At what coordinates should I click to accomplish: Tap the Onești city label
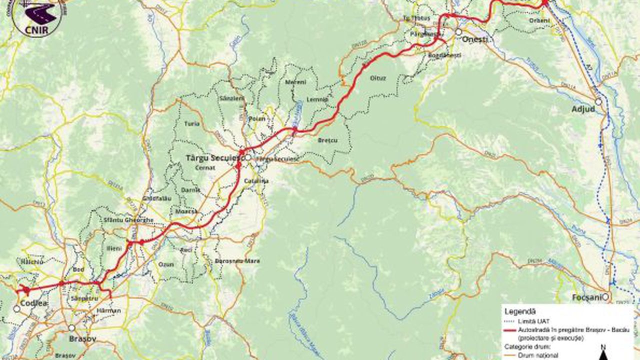(x=474, y=39)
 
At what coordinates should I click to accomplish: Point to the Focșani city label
(x=586, y=298)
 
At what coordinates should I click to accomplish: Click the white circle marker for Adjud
(x=598, y=101)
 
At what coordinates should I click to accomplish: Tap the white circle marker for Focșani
(x=605, y=297)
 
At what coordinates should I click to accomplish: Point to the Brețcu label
(x=327, y=140)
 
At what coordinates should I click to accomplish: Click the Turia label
(x=191, y=123)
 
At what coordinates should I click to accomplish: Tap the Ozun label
(x=165, y=263)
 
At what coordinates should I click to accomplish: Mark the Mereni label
(x=295, y=82)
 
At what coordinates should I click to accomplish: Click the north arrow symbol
(x=603, y=353)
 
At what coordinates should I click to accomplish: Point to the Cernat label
(x=205, y=168)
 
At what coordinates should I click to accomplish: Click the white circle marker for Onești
(x=458, y=32)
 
